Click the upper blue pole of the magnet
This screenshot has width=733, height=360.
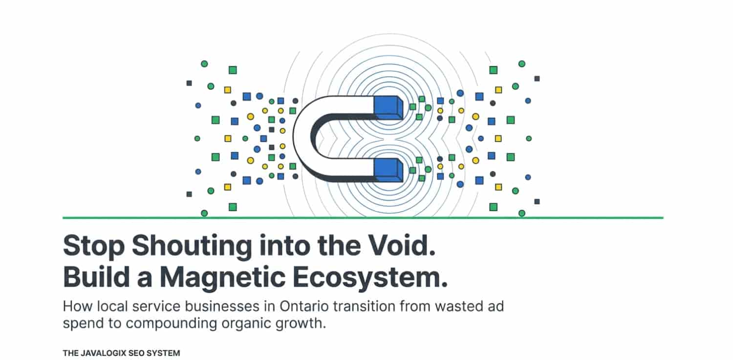tap(388, 107)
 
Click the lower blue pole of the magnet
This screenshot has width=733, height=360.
tap(388, 170)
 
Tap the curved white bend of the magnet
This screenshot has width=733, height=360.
tap(304, 139)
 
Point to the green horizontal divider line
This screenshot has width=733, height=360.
tap(363, 217)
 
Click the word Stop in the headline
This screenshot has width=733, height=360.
tap(94, 246)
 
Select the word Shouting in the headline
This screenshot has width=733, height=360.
tap(192, 246)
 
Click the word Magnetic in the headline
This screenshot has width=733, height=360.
tap(222, 277)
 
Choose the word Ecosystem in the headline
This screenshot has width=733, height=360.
tap(370, 277)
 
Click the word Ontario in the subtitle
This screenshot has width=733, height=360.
tap(304, 306)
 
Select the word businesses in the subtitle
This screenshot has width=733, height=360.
tap(222, 306)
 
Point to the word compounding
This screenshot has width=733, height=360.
tap(171, 324)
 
